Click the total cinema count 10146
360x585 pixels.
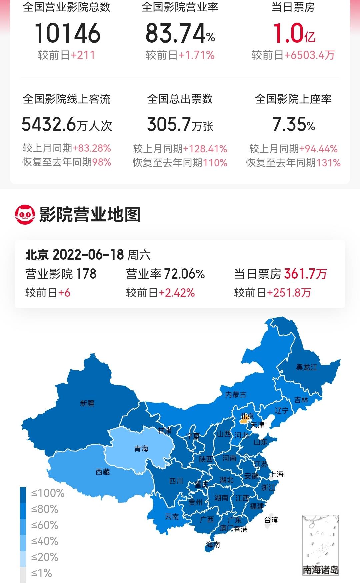(x=67, y=33)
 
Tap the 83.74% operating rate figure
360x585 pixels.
(x=180, y=34)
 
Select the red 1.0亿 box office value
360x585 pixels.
(x=294, y=34)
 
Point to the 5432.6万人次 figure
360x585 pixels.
(x=67, y=124)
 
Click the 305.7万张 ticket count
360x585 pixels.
(x=180, y=124)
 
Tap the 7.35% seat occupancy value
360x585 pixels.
(x=293, y=124)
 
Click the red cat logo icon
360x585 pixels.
(x=25, y=214)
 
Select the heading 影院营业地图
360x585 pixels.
(x=90, y=214)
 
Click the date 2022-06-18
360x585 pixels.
(x=88, y=255)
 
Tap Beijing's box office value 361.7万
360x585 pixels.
(x=305, y=274)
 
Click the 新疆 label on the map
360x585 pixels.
(x=87, y=403)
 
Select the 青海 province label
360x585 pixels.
(x=141, y=449)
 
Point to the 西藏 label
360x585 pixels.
(x=103, y=472)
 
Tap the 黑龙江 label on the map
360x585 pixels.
(x=307, y=367)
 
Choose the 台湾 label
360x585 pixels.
(x=271, y=520)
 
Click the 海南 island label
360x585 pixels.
(x=213, y=544)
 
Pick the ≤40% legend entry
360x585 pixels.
(x=45, y=541)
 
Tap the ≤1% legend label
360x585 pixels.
(x=42, y=573)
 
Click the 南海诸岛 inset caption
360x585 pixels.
(x=320, y=570)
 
